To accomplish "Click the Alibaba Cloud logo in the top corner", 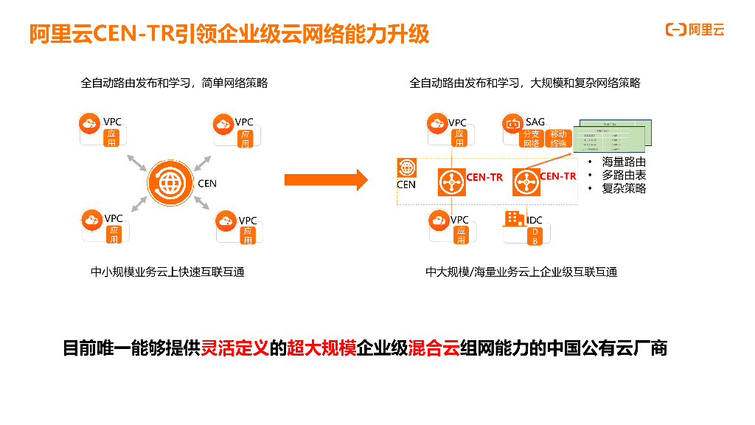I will [x=695, y=30].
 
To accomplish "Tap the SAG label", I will [x=535, y=122].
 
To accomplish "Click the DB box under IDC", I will [x=535, y=235].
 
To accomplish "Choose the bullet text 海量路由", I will [x=624, y=162].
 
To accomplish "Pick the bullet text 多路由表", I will [x=624, y=175].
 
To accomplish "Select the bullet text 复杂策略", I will [x=624, y=188].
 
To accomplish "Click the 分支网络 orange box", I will [x=531, y=139].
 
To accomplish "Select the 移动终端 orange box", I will [x=559, y=139].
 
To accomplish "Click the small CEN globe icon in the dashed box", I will [x=406, y=168].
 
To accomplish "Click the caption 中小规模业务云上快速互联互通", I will [x=167, y=272].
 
